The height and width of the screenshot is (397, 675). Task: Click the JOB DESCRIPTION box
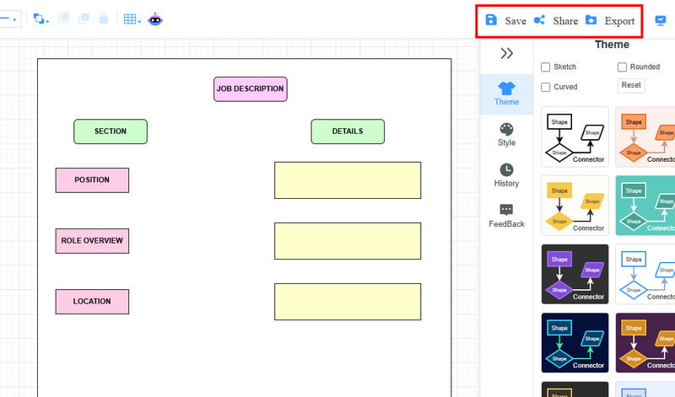[250, 89]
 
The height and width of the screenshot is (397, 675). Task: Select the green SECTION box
[111, 131]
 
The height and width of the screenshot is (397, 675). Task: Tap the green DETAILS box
[348, 131]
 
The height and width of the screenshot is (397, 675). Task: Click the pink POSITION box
[92, 180]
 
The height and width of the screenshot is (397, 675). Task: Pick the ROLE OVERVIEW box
[92, 241]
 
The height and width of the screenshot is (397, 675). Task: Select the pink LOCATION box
[92, 302]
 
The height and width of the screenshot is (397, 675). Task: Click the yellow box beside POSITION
[348, 180]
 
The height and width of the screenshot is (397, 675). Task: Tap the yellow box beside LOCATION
[348, 302]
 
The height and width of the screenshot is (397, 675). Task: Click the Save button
[505, 20]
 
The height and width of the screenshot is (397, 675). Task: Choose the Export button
[610, 20]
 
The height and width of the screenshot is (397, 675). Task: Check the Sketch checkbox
[545, 67]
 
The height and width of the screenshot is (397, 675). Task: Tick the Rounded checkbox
[622, 67]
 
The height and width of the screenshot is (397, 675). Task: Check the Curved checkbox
[545, 87]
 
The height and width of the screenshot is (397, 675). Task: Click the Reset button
[631, 85]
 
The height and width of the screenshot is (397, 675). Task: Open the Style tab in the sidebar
[506, 135]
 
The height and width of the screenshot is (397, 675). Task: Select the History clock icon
[506, 169]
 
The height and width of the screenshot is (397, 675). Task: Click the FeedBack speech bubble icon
[506, 210]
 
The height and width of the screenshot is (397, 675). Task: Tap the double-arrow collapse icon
[507, 53]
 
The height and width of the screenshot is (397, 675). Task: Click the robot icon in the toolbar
[155, 19]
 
